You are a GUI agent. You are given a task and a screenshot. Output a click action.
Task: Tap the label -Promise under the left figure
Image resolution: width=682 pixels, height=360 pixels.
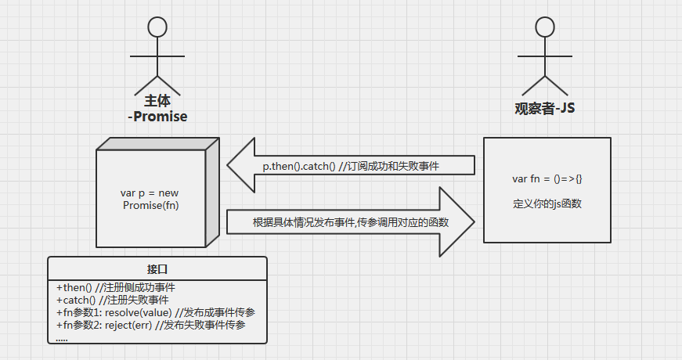click(x=157, y=117)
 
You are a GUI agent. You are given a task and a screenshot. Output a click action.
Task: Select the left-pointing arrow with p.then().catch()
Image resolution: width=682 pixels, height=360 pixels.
click(x=352, y=165)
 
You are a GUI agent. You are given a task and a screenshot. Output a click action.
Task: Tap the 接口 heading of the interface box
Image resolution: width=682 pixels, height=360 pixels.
click(x=157, y=268)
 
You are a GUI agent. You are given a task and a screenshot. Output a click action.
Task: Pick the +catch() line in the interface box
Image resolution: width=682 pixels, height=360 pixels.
click(x=113, y=300)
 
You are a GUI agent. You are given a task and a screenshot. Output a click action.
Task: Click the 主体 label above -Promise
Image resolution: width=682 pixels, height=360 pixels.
click(x=157, y=102)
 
